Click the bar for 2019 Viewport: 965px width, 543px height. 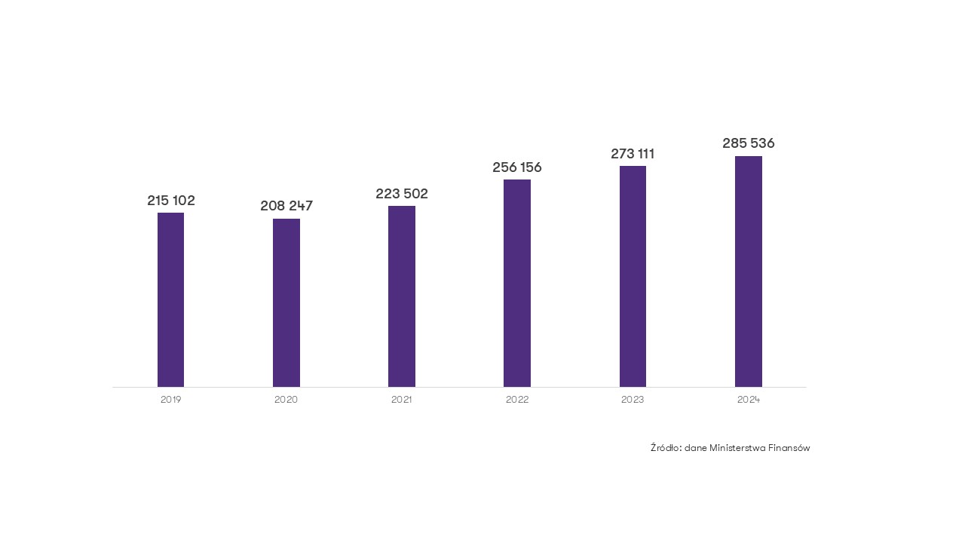[x=170, y=299]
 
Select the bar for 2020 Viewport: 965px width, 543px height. [x=286, y=302]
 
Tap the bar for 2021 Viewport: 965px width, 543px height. [x=402, y=296]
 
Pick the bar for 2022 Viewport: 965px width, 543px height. [x=517, y=283]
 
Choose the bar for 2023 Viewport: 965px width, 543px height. [x=633, y=276]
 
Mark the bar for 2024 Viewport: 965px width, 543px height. [x=749, y=271]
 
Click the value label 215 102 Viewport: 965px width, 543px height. [x=171, y=201]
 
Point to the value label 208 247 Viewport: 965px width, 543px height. [x=286, y=206]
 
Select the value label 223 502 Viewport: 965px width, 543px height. [x=402, y=194]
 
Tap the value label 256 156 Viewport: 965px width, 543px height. [x=517, y=167]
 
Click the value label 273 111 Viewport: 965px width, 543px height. [x=633, y=154]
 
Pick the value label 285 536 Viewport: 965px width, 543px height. [x=749, y=143]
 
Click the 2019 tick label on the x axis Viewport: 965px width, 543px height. [x=171, y=400]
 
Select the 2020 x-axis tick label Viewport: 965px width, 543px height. [x=286, y=400]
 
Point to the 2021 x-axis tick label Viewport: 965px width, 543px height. [x=402, y=400]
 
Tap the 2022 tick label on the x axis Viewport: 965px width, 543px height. [x=517, y=400]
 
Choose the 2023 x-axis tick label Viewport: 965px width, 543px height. [x=633, y=400]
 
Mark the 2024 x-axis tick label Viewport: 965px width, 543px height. [x=749, y=400]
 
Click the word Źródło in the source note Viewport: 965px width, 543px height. [x=666, y=448]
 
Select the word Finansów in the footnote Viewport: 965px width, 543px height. [x=789, y=448]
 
